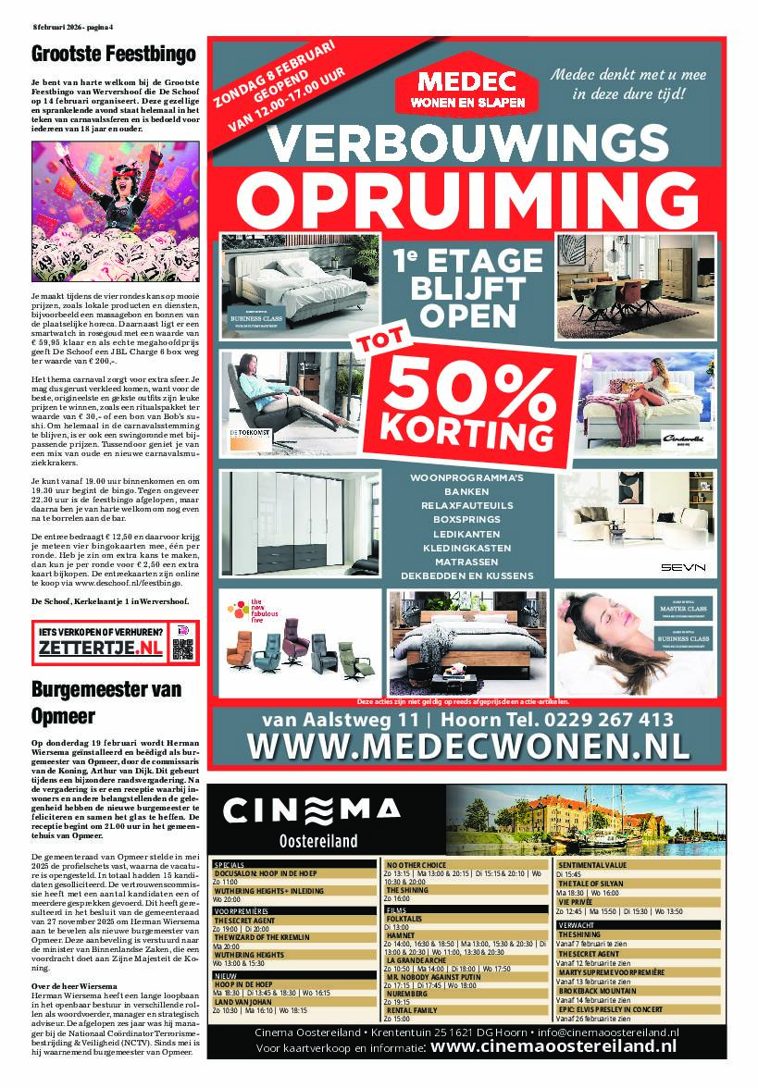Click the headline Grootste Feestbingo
(x=113, y=55)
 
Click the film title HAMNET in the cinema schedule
(x=401, y=935)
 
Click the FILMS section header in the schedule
(x=398, y=909)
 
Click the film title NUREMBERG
(x=408, y=994)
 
